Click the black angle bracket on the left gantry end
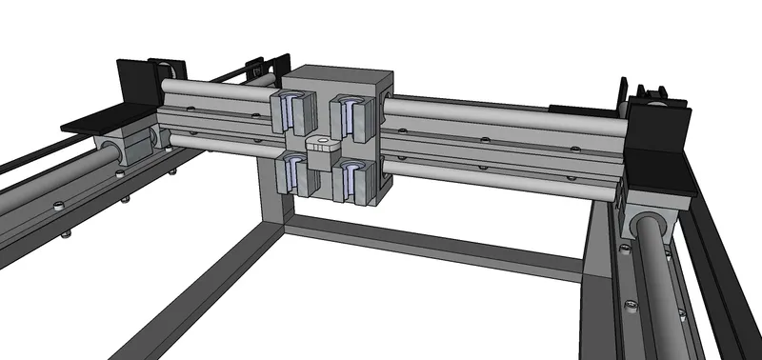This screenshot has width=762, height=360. click(123, 95)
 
